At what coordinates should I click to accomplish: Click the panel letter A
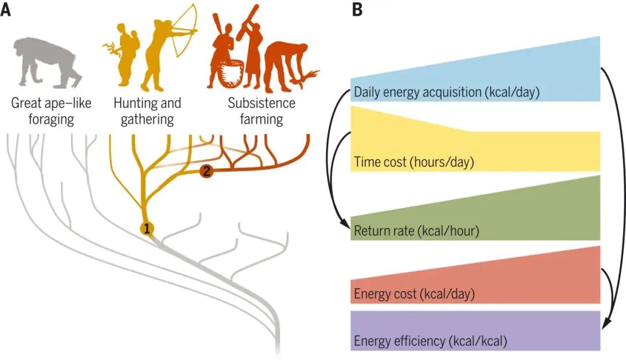tap(6, 10)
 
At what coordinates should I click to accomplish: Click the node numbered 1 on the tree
tap(147, 229)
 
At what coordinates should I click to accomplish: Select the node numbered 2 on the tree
tap(207, 172)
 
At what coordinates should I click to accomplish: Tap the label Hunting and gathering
tap(148, 111)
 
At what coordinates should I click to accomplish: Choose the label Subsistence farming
tap(261, 111)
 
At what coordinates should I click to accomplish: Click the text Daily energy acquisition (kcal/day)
tap(447, 92)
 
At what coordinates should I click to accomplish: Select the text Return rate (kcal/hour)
tap(416, 231)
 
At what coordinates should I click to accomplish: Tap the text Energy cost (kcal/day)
tap(414, 294)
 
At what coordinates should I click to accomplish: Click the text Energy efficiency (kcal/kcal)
tap(430, 341)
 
